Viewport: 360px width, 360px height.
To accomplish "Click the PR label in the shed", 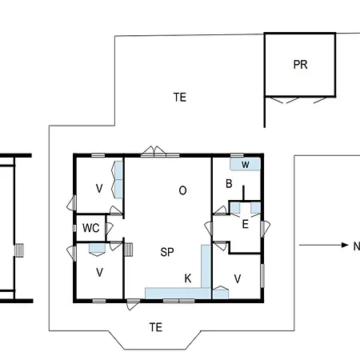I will point(300,66).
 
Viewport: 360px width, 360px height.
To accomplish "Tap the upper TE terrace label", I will point(180,98).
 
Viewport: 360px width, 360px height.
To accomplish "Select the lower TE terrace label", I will point(156,326).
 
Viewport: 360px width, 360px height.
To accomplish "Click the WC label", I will point(91,228).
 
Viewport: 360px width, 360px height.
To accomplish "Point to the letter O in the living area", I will point(182,190).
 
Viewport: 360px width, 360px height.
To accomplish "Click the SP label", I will point(167,252).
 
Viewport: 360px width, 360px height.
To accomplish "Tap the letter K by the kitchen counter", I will point(188,278).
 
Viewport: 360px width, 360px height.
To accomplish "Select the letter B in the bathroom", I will point(229,184).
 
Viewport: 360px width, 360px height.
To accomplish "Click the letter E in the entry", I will point(245,224).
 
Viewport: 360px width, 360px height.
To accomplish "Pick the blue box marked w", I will point(246,165).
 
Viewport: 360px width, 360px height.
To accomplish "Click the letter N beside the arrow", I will point(356,246).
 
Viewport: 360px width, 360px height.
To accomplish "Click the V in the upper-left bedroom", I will point(99,189).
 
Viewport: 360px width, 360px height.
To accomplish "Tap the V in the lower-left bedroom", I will point(99,272).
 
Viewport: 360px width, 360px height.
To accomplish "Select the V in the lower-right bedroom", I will point(238,278).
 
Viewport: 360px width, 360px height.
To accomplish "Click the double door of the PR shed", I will point(300,100).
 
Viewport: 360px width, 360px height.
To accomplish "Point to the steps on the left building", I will point(22,250).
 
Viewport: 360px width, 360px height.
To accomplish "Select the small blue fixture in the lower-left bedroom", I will point(98,249).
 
